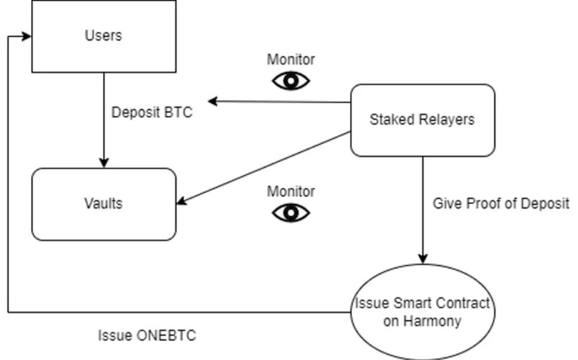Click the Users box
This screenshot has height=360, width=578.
coord(103,36)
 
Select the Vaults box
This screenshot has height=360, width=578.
coord(103,204)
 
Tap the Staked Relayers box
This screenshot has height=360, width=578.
coord(422,120)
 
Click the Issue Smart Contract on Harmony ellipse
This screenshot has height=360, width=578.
coord(422,312)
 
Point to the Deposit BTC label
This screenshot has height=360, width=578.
coord(151,112)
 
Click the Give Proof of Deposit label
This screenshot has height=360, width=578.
coord(501,203)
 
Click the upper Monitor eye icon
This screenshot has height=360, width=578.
coord(291,81)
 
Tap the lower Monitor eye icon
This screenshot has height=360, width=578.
coord(291,213)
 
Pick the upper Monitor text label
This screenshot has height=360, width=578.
coord(291,59)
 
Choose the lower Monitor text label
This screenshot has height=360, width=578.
coord(291,191)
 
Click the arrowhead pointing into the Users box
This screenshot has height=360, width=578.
coord(26,37)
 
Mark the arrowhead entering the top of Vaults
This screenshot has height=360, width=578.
coord(104,163)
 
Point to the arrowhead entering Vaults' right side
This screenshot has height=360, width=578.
coord(181,201)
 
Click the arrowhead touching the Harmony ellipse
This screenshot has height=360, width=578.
coord(423,259)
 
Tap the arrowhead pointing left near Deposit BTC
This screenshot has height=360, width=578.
coord(213,101)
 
